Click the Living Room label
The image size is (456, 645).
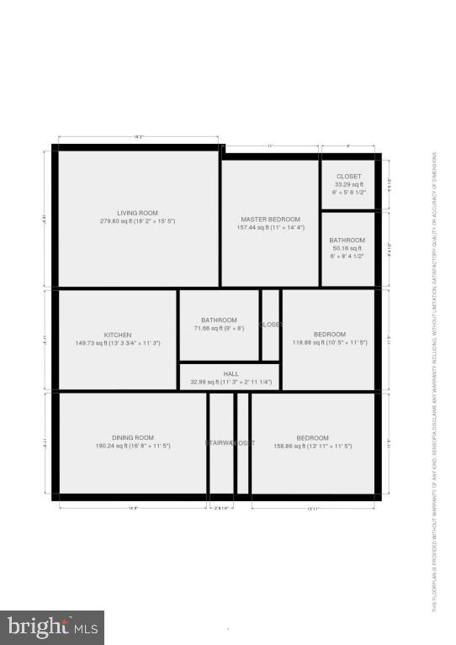137,214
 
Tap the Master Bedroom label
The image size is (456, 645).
270,219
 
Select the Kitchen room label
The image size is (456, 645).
118,335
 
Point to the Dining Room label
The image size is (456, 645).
133,437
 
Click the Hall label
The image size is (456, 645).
231,374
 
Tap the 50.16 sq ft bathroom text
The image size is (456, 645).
347,249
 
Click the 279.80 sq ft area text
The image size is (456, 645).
137,222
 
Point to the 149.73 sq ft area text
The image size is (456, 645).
118,343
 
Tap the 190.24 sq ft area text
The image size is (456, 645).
133,446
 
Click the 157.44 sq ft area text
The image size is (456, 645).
270,227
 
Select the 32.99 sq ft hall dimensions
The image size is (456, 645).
231,383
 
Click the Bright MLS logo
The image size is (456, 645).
53,627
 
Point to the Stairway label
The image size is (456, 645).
220,442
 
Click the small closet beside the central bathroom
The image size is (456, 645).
270,325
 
